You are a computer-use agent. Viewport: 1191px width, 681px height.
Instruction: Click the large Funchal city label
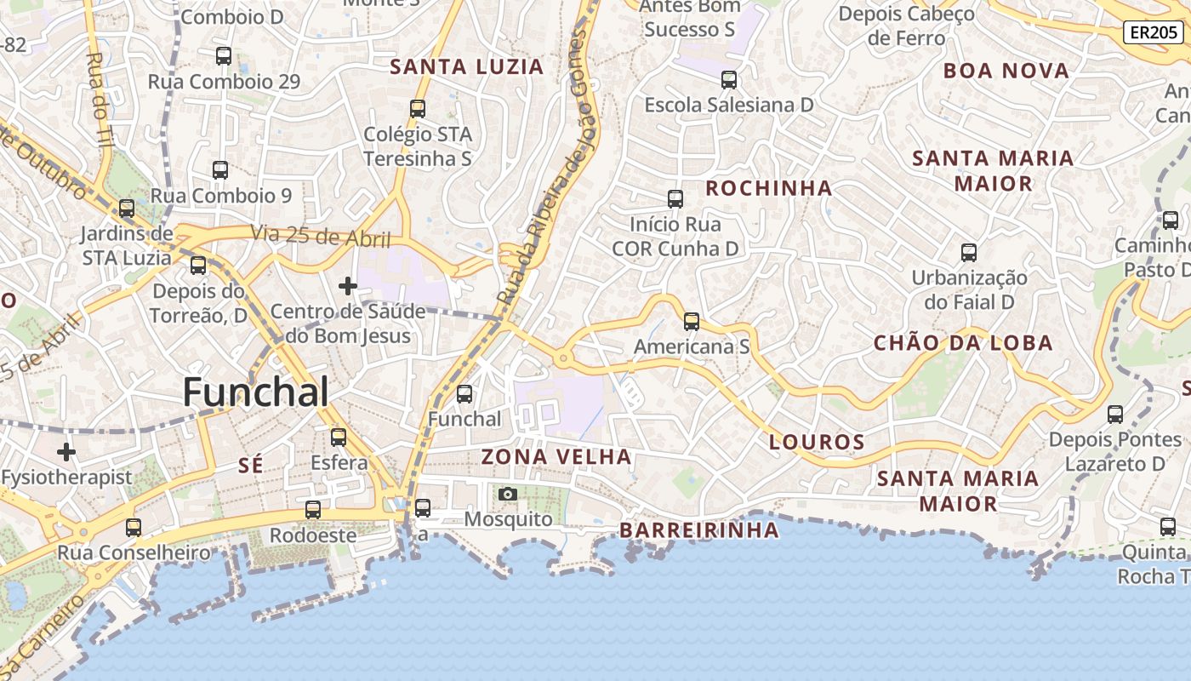[x=255, y=392]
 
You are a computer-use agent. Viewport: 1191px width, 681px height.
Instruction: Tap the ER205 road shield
[x=1153, y=32]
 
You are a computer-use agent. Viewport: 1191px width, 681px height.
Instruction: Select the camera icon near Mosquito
[x=507, y=494]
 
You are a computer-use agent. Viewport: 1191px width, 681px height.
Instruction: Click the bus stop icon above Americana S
[x=692, y=322]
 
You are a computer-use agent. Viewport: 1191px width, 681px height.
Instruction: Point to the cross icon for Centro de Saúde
[x=348, y=286]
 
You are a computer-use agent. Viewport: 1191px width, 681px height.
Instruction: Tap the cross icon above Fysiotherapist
[x=66, y=451]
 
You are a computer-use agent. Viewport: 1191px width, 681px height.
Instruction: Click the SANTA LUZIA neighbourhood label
[x=466, y=67]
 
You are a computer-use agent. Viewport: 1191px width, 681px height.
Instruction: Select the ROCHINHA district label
[x=769, y=188]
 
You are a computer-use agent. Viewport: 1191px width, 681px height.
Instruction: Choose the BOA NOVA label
[x=1006, y=71]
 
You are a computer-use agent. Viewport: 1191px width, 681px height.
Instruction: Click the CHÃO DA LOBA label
[x=963, y=343]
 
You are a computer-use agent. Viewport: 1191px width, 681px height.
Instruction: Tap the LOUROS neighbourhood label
[x=817, y=442]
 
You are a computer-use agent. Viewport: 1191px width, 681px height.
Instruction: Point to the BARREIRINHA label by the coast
[x=698, y=530]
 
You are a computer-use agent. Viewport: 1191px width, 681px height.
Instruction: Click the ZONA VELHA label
[x=556, y=457]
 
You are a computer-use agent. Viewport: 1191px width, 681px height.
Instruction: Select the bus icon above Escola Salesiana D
[x=729, y=80]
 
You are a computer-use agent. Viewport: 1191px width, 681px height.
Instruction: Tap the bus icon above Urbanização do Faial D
[x=969, y=252]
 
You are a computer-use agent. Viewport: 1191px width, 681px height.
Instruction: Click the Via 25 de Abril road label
[x=320, y=237]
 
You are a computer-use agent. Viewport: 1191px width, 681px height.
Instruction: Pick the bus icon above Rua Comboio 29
[x=224, y=56]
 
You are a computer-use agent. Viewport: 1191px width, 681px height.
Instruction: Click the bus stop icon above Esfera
[x=339, y=438]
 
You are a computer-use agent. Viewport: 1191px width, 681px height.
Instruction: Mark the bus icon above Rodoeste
[x=313, y=510]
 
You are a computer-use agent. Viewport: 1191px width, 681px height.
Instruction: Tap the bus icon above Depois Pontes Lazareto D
[x=1115, y=415]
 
